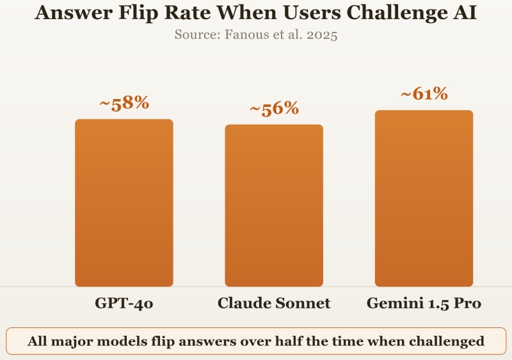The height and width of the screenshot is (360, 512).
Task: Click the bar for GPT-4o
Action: click(124, 203)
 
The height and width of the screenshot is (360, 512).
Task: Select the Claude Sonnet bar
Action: click(274, 205)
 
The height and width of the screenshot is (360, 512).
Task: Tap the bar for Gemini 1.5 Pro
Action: click(424, 198)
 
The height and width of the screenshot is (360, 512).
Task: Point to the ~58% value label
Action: click(124, 103)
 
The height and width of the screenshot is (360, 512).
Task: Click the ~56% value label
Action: click(274, 109)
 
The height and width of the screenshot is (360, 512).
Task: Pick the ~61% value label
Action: click(424, 94)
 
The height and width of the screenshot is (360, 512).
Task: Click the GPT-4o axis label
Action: click(124, 303)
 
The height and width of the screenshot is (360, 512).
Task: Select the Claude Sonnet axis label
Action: click(274, 303)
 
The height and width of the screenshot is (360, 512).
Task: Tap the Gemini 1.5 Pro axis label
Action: click(424, 303)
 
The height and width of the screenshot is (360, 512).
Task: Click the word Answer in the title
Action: click(69, 13)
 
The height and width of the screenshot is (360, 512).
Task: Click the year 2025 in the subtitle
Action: click(321, 35)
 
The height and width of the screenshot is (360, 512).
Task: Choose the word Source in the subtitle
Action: click(197, 35)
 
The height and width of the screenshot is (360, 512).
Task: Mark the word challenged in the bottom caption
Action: click(449, 341)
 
